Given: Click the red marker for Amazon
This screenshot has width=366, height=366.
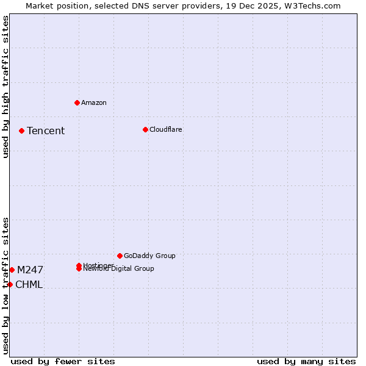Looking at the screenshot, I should tap(77, 102).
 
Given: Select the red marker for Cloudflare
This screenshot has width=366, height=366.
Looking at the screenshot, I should tap(145, 129).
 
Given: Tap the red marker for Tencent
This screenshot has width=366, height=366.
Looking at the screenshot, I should tap(21, 131).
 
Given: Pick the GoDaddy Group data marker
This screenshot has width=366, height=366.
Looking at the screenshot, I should tap(120, 256).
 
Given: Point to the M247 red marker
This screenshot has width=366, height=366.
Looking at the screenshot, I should tap(12, 270).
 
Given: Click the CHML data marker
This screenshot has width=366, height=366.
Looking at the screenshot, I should tap(10, 284).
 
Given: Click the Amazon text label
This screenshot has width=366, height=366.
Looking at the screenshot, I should tap(93, 102).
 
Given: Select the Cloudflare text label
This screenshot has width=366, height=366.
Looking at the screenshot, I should tap(165, 129).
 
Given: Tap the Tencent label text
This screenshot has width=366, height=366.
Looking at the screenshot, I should tap(46, 131).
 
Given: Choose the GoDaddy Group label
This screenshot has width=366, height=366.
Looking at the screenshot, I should tap(149, 256).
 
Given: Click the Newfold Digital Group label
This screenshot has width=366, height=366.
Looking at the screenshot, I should tap(120, 269).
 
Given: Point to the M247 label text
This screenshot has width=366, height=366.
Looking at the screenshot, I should tap(30, 270).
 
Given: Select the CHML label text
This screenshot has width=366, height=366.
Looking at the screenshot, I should tap(29, 284).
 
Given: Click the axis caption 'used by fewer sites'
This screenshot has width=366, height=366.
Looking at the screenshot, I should tap(63, 361).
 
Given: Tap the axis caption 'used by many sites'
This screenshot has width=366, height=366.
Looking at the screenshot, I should tap(306, 361).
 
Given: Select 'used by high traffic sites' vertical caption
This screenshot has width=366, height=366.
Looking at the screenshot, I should tap(5, 87).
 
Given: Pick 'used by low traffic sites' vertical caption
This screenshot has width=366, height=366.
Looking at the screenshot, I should tap(5, 285).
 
